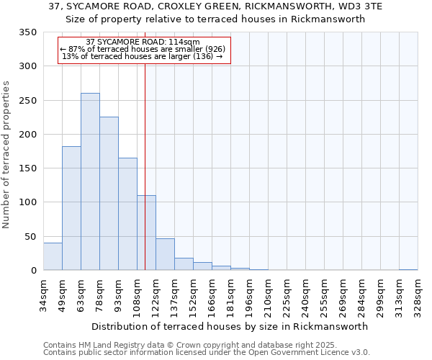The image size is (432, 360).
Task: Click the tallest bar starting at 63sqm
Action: [90, 181]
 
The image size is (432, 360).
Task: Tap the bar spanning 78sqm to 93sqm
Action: [109, 193]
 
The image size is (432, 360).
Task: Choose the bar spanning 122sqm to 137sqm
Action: [165, 254]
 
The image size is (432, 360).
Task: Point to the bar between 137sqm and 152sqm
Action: [184, 264]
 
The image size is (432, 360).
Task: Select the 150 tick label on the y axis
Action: [28, 168]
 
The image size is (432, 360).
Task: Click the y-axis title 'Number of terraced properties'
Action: [7, 155]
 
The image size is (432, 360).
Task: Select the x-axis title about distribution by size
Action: [230, 326]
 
